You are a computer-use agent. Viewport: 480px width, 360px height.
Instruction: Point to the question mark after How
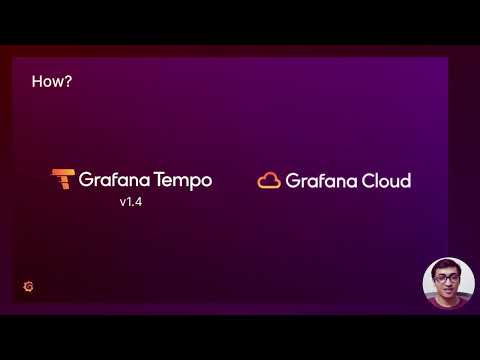67,82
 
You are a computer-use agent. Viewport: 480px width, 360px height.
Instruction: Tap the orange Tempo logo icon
63,180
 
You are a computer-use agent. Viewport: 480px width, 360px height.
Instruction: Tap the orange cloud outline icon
268,180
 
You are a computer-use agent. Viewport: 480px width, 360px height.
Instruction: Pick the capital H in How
37,82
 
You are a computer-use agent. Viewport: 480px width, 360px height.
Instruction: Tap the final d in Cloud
405,181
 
